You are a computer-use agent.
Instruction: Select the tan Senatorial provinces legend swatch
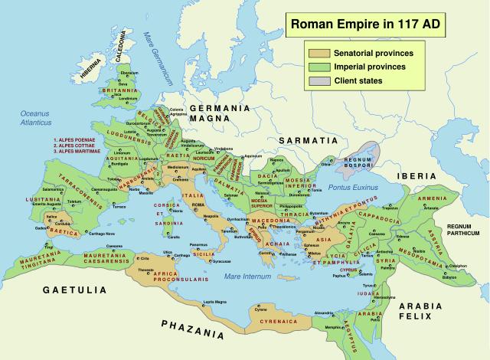[x=319, y=54]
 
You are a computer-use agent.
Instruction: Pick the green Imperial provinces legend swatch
[x=319, y=67]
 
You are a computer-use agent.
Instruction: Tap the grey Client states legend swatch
[x=319, y=81]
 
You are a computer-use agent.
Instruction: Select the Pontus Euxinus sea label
[x=354, y=187]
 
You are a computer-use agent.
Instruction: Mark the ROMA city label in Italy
[x=198, y=205]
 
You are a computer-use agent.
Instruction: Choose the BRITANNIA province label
[x=117, y=90]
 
